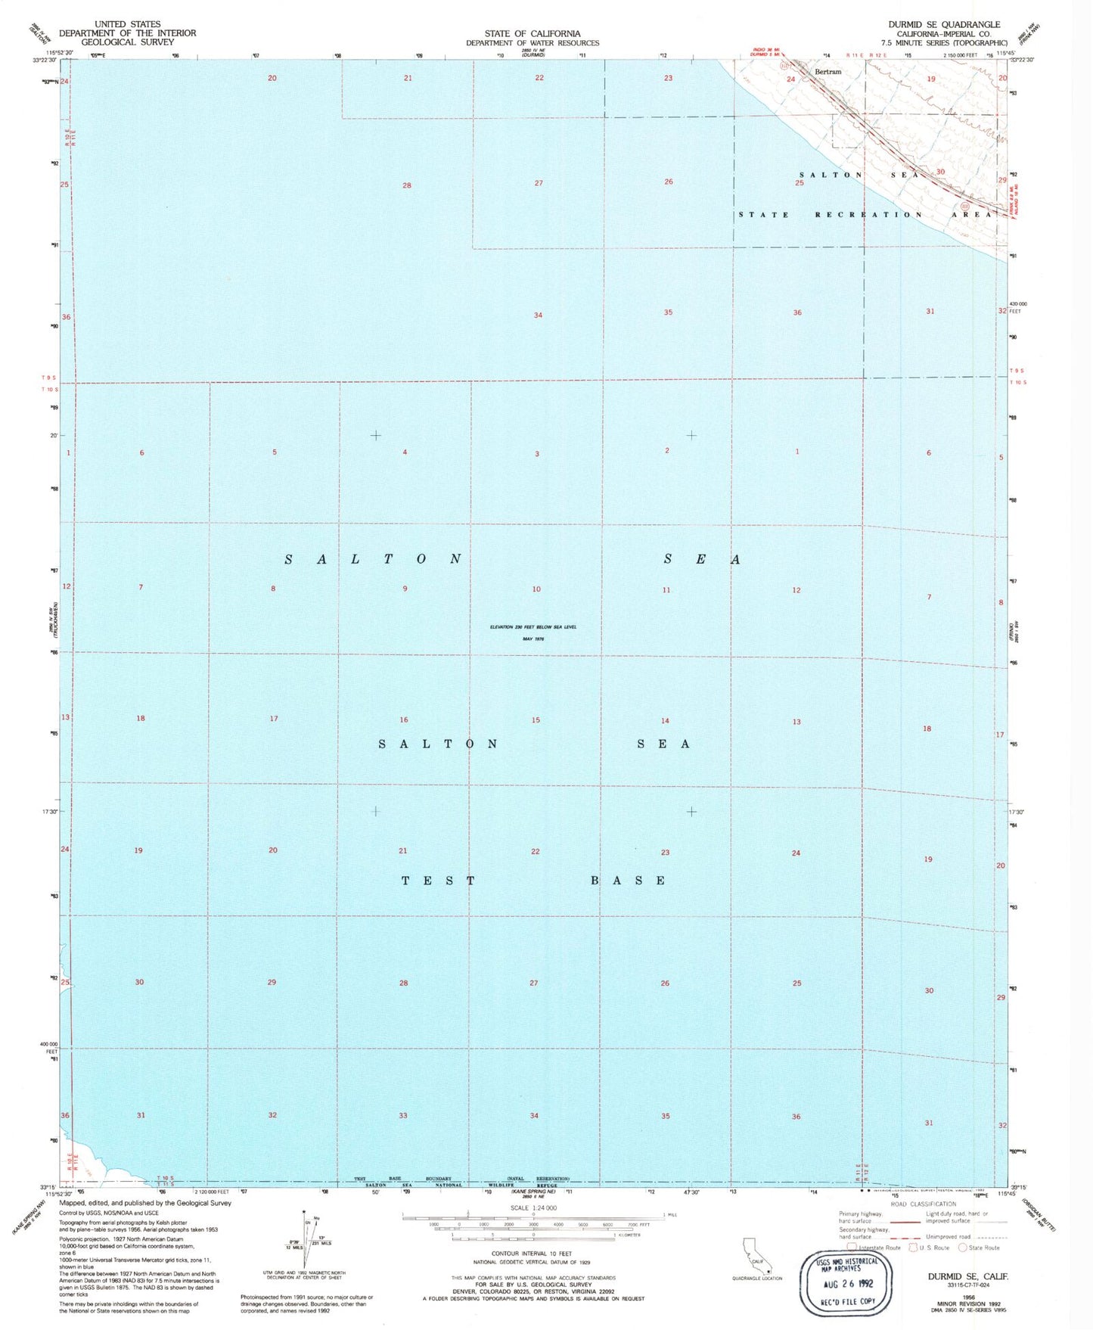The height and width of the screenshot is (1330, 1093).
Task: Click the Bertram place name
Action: pos(828,71)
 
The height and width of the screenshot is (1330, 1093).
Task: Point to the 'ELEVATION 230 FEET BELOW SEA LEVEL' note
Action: pos(533,627)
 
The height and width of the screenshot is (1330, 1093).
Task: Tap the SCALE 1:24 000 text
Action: pos(533,1208)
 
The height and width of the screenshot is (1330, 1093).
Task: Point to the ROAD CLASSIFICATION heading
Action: pos(923,1204)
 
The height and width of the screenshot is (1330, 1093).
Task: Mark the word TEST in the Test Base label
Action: pos(438,881)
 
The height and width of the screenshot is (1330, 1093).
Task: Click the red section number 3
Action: pos(537,454)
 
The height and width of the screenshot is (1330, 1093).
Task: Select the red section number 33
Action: pos(403,1115)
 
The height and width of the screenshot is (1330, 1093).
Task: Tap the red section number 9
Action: pos(405,589)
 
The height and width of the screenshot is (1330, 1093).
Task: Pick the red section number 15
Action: pos(536,719)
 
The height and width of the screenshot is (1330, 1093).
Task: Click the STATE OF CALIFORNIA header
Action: pos(533,33)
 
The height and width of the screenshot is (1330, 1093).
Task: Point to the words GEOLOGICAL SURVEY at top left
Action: pos(127,42)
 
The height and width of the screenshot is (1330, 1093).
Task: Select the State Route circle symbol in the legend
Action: pos(963,1248)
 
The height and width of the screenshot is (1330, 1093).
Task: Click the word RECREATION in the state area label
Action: pos(868,215)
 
